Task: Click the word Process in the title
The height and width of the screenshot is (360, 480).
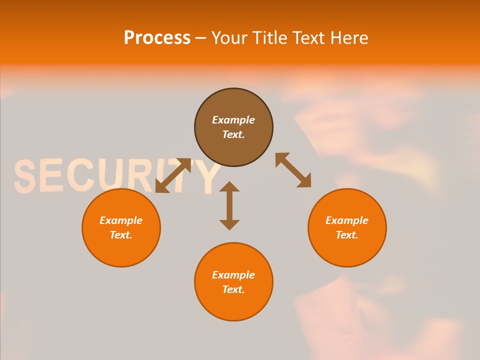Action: pyautogui.click(x=157, y=38)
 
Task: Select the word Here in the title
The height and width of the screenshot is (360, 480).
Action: pyautogui.click(x=349, y=38)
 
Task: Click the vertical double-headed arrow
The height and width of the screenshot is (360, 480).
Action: pyautogui.click(x=229, y=205)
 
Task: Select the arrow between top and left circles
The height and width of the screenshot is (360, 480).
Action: pyautogui.click(x=173, y=175)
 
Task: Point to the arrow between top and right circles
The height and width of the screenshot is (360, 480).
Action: pyautogui.click(x=293, y=170)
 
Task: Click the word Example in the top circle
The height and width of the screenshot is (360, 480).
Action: pyautogui.click(x=233, y=120)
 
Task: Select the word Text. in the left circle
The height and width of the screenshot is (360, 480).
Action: pyautogui.click(x=121, y=235)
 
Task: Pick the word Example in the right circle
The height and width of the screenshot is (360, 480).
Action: pyautogui.click(x=347, y=220)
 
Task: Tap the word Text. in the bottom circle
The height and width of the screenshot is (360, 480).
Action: pyautogui.click(x=233, y=289)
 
